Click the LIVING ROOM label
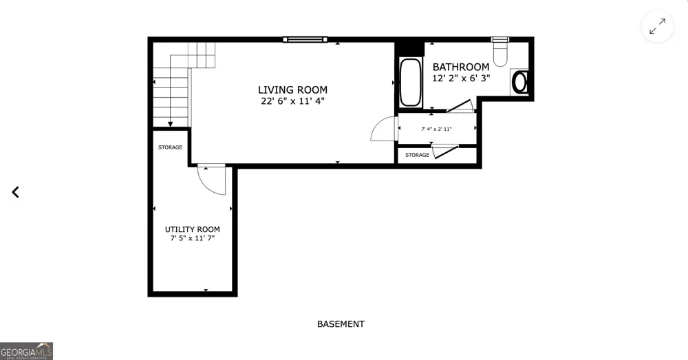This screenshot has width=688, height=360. pyautogui.click(x=292, y=90)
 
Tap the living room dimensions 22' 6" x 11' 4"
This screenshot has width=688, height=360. pyautogui.click(x=292, y=101)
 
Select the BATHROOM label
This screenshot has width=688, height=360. pyautogui.click(x=461, y=67)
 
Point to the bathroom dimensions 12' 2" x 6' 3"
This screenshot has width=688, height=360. pyautogui.click(x=461, y=78)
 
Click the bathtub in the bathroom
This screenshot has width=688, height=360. pyautogui.click(x=410, y=83)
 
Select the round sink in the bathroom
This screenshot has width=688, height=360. pyautogui.click(x=520, y=82)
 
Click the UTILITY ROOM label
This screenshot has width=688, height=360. pyautogui.click(x=192, y=229)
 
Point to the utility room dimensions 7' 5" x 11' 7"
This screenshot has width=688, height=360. pyautogui.click(x=192, y=238)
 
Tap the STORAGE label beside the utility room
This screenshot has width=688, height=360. pyautogui.click(x=170, y=147)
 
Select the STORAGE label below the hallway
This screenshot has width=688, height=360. pyautogui.click(x=418, y=155)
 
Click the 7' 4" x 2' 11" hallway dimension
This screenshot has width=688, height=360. pyautogui.click(x=436, y=129)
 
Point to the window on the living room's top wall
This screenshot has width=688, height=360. pyautogui.click(x=305, y=39)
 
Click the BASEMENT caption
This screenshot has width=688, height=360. pyautogui.click(x=341, y=324)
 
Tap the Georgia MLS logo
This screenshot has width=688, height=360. pyautogui.click(x=26, y=351)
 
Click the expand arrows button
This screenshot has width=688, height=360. pyautogui.click(x=657, y=26)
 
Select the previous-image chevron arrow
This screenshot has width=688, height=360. pyautogui.click(x=15, y=192)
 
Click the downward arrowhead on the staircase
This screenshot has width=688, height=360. pyautogui.click(x=170, y=124)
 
